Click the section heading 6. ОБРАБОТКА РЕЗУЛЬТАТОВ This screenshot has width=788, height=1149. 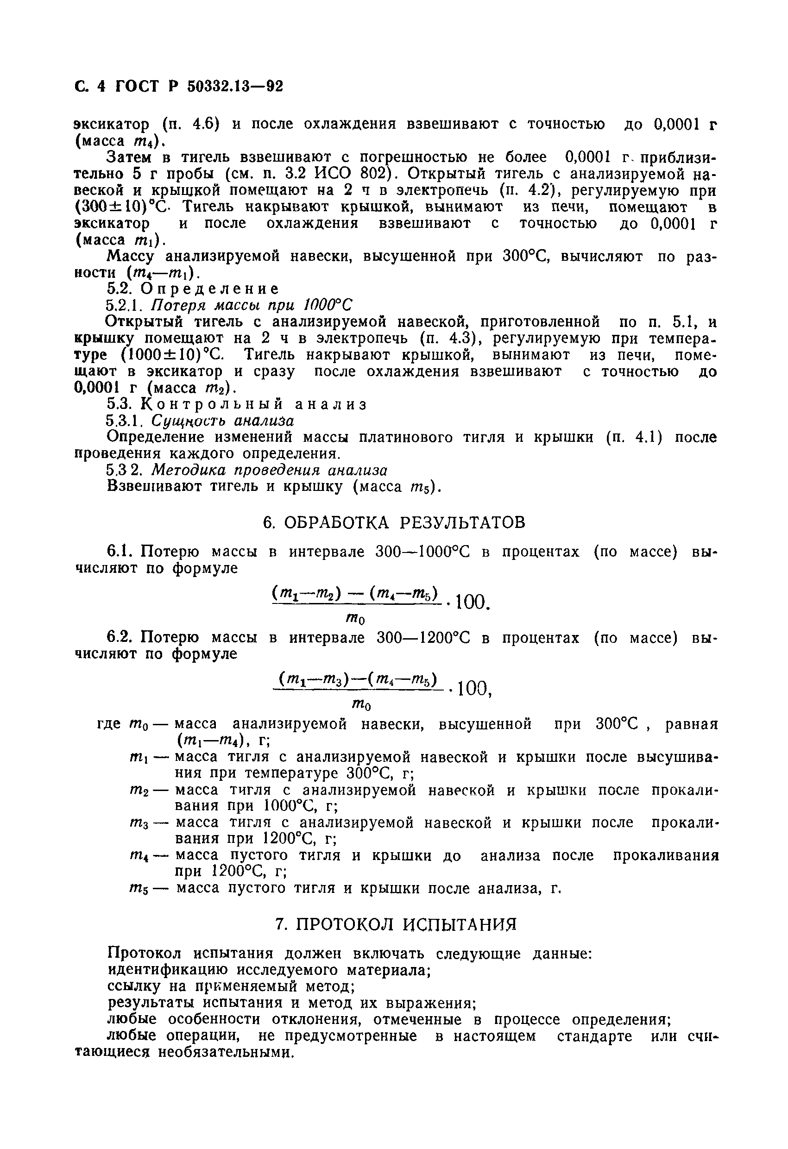pos(394,522)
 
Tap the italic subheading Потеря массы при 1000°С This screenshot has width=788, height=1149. pos(252,305)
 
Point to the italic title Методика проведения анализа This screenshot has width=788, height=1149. pos(269,470)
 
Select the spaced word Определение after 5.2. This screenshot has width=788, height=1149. pos(209,288)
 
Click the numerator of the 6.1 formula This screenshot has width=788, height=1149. pos(355,593)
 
